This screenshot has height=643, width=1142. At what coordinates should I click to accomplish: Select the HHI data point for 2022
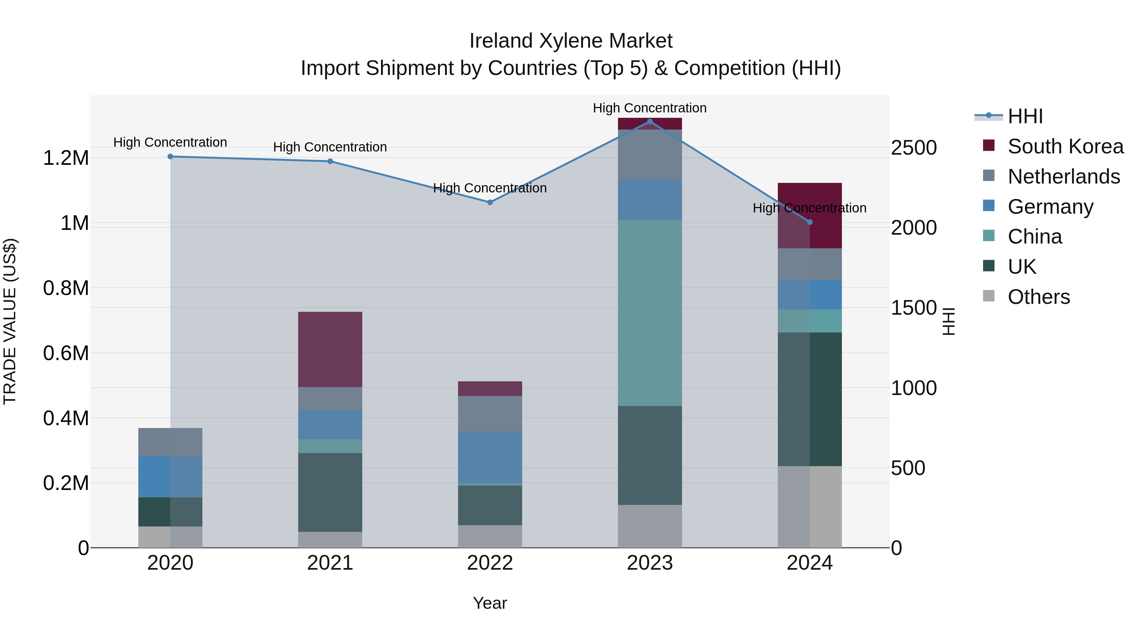[490, 202]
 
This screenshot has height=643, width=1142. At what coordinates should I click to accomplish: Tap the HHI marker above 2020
[170, 157]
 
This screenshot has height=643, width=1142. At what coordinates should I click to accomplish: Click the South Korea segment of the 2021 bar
[330, 349]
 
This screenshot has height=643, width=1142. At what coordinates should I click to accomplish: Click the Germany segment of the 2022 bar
[490, 457]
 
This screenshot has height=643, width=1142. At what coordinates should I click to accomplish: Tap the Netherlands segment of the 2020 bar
[170, 442]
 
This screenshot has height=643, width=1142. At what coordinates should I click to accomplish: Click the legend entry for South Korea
[1065, 146]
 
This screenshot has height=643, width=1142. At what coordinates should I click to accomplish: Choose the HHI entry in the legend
[1025, 116]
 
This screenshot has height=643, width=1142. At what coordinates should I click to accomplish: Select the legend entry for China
[1035, 237]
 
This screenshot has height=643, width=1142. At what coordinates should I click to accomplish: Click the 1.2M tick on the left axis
[66, 158]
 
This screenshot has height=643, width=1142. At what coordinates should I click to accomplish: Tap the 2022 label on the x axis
[490, 563]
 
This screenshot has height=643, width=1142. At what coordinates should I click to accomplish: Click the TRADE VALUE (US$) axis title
[10, 321]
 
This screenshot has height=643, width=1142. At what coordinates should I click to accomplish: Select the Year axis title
[490, 603]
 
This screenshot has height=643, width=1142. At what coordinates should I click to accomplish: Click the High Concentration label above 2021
[330, 147]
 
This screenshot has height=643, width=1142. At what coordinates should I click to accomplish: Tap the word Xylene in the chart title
[571, 41]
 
